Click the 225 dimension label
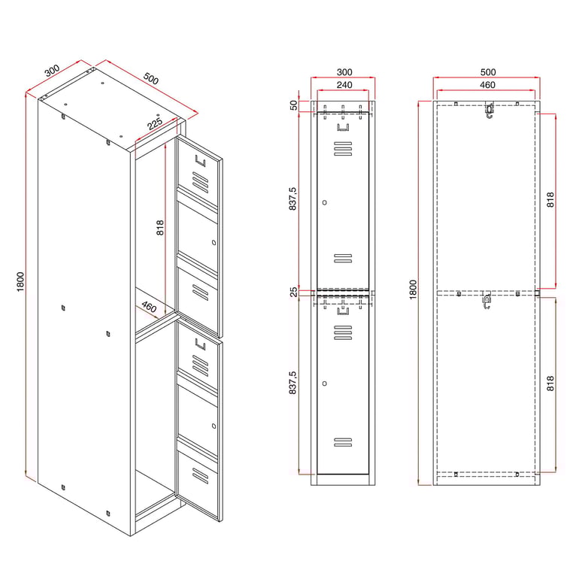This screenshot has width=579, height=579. tap(155, 123)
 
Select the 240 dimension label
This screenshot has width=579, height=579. tap(344, 85)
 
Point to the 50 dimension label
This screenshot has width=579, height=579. tap(293, 105)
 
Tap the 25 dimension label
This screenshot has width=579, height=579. tap(293, 292)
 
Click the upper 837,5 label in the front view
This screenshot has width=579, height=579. tap(293, 199)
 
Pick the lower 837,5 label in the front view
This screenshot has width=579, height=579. tap(293, 383)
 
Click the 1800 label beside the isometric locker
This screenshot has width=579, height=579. tap(20, 282)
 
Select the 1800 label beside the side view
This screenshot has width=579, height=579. tap(414, 289)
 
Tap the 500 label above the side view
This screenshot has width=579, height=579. tap(488, 72)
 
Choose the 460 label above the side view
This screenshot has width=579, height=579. tap(487, 85)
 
